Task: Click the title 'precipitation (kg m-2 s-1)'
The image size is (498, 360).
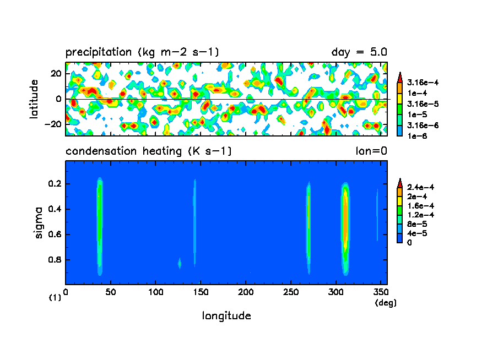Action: [x=142, y=53]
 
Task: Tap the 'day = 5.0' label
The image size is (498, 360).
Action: [x=359, y=53]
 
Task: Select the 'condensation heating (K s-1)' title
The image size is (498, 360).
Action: [x=148, y=151]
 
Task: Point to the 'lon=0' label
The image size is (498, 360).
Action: [x=371, y=151]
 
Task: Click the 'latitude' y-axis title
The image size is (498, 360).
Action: [x=34, y=99]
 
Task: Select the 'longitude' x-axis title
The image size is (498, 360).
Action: [x=226, y=316]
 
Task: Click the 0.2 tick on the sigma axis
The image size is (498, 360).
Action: [x=56, y=184]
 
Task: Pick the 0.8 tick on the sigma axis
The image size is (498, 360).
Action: [x=56, y=260]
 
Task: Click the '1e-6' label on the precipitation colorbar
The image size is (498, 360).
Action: [x=415, y=135]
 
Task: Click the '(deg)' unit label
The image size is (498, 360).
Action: [x=385, y=303]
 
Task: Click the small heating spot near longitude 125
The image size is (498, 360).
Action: [x=179, y=264]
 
